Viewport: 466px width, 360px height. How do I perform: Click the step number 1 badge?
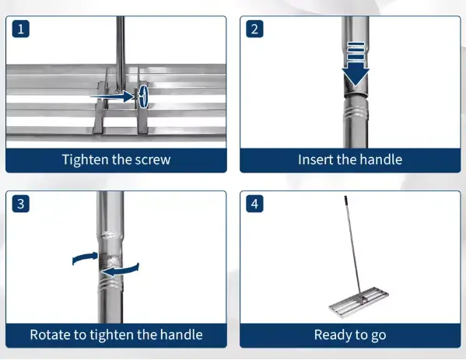point(20,29)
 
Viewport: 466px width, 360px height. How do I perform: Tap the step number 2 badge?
point(254,29)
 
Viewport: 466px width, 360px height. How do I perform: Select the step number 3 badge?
point(20,204)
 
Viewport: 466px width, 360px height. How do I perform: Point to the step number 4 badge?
point(254,204)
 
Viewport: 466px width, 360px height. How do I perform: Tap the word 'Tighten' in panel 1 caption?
point(86,160)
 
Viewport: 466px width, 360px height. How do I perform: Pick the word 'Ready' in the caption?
point(331,335)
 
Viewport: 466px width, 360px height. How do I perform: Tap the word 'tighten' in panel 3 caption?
point(111,335)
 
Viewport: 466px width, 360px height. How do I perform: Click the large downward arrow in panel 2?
point(356,65)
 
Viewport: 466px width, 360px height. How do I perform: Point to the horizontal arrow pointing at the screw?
point(113,96)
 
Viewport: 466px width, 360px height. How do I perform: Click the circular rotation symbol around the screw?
point(143,96)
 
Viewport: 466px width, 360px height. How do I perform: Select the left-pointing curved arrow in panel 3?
point(120,270)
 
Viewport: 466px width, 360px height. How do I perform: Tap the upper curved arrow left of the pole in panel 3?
point(85,258)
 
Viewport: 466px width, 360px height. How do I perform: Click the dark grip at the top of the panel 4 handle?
point(345,201)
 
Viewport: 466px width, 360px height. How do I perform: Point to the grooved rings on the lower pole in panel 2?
point(356,113)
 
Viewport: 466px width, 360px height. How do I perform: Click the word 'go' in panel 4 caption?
point(379,336)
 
